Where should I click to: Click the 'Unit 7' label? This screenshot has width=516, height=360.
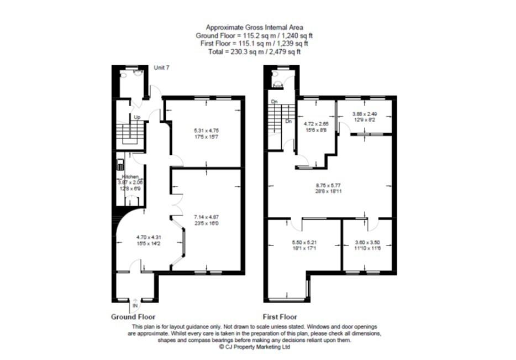click(162, 67)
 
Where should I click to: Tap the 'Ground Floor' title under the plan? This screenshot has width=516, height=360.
click(134, 317)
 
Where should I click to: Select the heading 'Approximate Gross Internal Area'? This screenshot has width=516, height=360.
click(254, 27)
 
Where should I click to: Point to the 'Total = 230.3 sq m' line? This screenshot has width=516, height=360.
click(254, 51)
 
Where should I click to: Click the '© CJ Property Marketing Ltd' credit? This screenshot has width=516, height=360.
click(254, 347)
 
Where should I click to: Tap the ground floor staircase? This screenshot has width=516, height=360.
click(130, 133)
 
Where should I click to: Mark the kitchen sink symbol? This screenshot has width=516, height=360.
click(120, 164)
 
